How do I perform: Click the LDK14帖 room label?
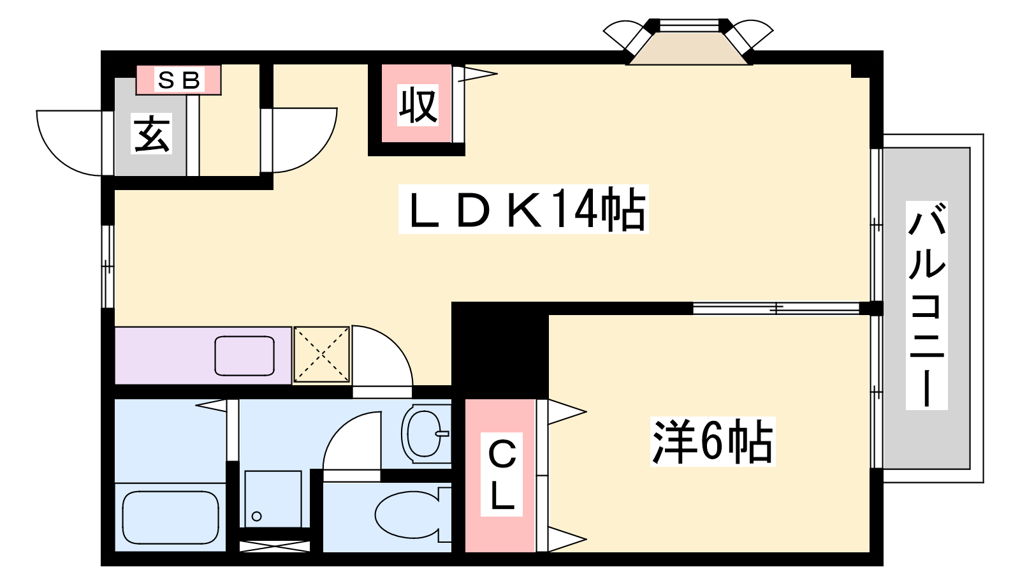tap(523, 209)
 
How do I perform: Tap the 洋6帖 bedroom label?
tap(713, 441)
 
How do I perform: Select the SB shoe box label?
tap(179, 80)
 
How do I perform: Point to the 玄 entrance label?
tap(151, 133)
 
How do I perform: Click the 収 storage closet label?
tap(418, 105)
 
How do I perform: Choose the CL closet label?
tap(501, 475)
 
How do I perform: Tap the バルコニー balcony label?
tap(927, 305)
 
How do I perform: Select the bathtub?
tap(171, 517)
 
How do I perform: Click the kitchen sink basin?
tap(245, 356)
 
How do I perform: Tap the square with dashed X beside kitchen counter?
tap(321, 355)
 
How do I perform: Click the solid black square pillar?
tap(500, 350)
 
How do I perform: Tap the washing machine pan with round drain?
tap(273, 499)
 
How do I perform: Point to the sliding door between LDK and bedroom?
tap(776, 309)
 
